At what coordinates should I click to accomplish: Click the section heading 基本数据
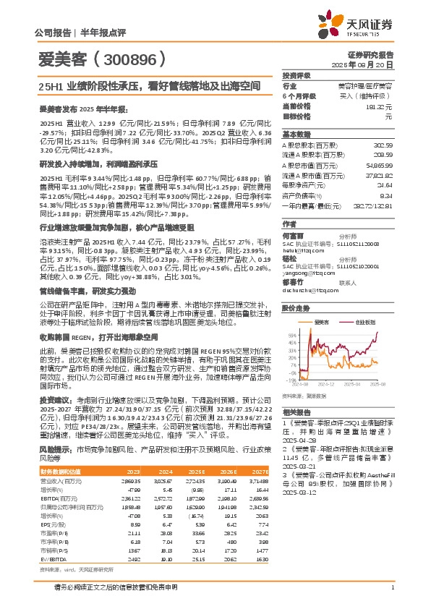296,135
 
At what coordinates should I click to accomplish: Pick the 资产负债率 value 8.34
385,196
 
